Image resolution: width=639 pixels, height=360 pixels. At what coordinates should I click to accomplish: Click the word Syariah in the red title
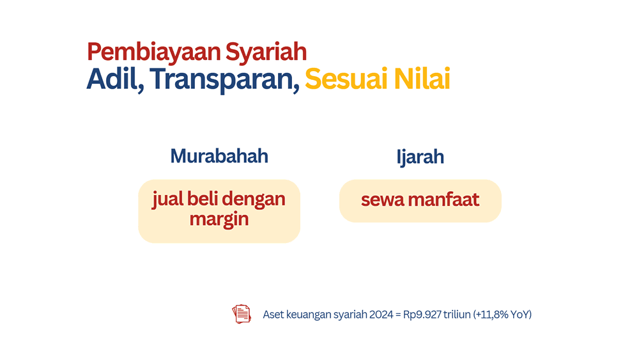pos(266,52)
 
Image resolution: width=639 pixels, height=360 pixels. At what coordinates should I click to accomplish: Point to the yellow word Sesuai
pos(346,79)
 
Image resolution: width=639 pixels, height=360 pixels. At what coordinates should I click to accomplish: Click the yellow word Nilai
pos(422,79)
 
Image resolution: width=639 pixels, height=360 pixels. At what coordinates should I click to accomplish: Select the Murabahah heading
pos(219,156)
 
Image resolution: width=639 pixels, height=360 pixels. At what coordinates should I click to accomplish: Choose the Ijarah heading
pos(420,157)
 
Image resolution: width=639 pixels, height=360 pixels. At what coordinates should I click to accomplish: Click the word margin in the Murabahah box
pos(219,220)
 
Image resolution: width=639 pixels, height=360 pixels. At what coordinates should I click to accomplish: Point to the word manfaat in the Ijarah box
pos(444,199)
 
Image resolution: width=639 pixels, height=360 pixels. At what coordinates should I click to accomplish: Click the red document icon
pos(242,314)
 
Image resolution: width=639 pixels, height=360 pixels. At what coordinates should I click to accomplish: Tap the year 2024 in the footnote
pos(381,315)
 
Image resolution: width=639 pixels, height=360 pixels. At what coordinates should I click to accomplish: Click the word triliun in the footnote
pos(457,315)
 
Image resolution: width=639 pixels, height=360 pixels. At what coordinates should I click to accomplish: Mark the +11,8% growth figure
pos(490,315)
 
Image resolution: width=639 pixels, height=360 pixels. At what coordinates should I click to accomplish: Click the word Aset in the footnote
pos(273,315)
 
